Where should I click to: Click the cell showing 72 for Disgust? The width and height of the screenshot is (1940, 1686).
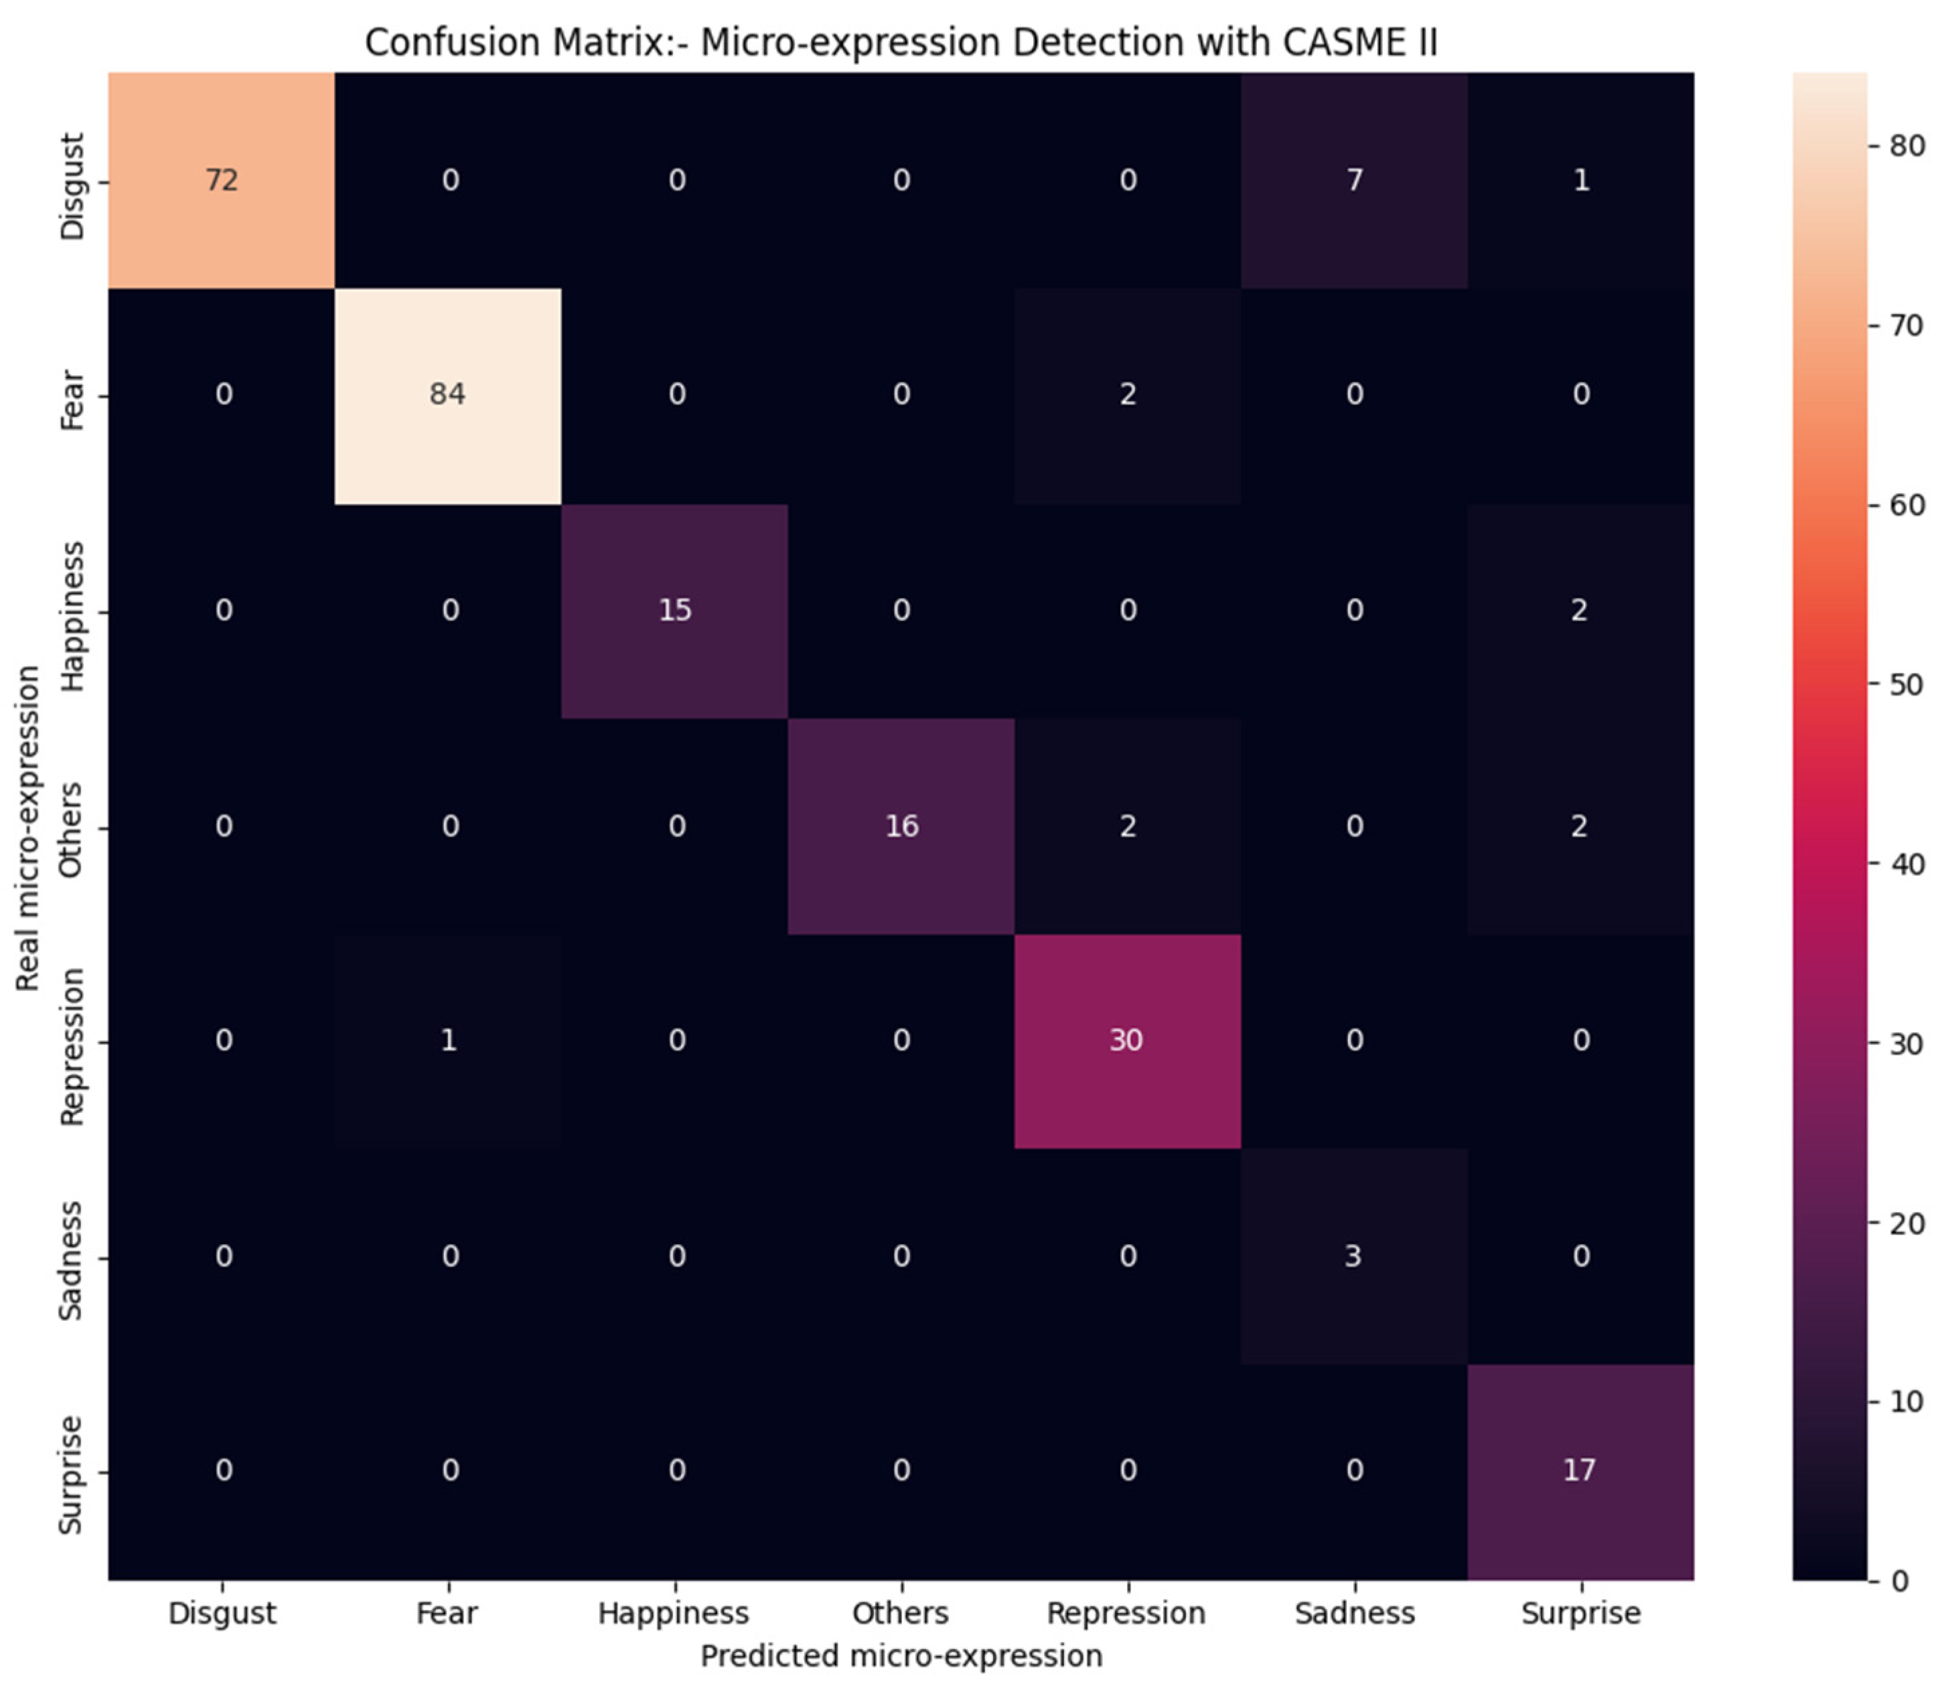pyautogui.click(x=222, y=179)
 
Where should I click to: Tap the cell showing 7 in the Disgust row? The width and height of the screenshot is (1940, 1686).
pyautogui.click(x=1354, y=179)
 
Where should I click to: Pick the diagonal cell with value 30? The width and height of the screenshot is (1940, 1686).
pyautogui.click(x=1126, y=1040)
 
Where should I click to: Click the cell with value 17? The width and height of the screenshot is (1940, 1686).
pyautogui.click(x=1580, y=1470)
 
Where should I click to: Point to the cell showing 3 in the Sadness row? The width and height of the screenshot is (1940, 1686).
pyautogui.click(x=1353, y=1256)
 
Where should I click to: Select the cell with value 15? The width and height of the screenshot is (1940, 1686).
pyautogui.click(x=674, y=610)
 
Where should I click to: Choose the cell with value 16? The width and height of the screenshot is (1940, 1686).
pyautogui.click(x=901, y=826)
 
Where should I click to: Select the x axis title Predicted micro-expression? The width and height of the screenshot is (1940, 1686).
pyautogui.click(x=901, y=1655)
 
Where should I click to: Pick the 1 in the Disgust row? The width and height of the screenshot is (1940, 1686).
pyautogui.click(x=1580, y=179)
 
